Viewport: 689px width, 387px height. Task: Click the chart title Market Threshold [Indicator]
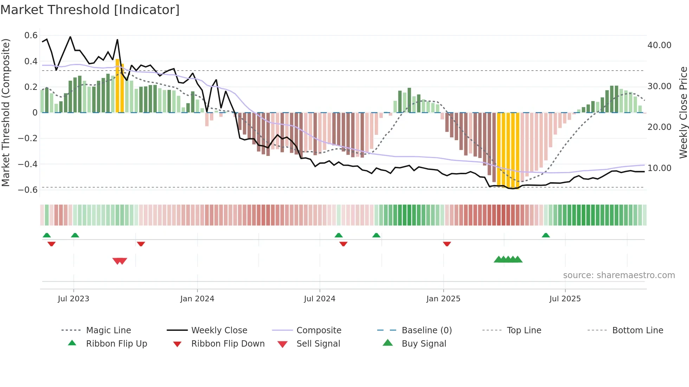pos(90,10)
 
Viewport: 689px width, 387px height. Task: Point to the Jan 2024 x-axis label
pos(197,299)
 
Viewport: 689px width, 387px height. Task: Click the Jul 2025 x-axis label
pos(565,299)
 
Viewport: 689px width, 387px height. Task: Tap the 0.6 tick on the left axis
pos(31,35)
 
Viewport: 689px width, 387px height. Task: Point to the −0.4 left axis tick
pos(28,164)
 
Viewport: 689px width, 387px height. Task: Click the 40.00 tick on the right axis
pos(659,45)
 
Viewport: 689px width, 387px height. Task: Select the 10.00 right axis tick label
pos(659,168)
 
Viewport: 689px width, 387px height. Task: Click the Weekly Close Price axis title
pos(683,112)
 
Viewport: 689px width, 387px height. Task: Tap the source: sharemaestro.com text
pos(619,275)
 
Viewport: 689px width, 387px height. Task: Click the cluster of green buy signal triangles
pos(508,260)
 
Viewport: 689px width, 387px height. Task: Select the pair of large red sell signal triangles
pos(120,261)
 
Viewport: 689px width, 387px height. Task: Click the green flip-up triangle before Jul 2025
pos(546,235)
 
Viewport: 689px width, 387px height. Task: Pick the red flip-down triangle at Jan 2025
pos(447,244)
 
